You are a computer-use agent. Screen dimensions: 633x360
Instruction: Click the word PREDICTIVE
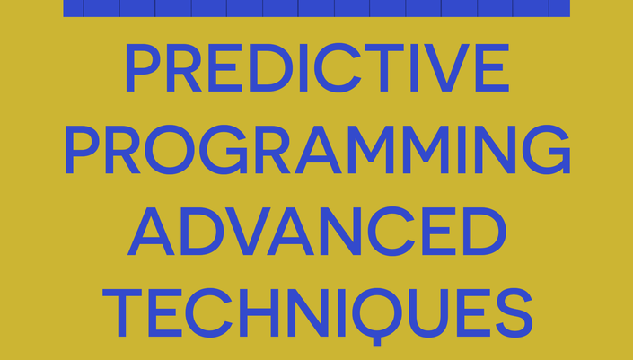[x=317, y=68]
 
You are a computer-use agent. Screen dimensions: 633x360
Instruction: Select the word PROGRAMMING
[x=317, y=149]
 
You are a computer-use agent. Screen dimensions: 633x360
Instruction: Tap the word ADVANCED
[x=317, y=231]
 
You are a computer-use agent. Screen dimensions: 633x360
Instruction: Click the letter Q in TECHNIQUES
[x=377, y=315]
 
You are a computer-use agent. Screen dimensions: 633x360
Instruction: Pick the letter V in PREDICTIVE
[x=446, y=68]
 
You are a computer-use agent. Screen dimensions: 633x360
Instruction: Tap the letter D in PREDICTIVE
[x=271, y=68]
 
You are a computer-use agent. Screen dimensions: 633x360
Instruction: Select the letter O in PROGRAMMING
[x=170, y=149]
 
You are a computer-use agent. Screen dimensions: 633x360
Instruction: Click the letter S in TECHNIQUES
[x=514, y=313]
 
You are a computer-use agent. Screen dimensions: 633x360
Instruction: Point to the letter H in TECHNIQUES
[x=259, y=312]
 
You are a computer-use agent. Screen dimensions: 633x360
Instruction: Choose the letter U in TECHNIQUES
[x=428, y=313]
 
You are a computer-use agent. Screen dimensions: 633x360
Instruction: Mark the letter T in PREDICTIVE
[x=384, y=68]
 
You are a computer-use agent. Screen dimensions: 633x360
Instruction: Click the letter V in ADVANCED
[x=248, y=232]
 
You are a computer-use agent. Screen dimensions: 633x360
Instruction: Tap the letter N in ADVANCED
[x=340, y=232]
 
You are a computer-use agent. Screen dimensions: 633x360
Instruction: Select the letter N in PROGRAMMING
[x=495, y=150]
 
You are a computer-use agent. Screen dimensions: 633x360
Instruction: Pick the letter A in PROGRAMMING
[x=318, y=150]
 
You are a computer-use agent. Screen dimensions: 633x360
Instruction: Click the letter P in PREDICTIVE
[x=144, y=68]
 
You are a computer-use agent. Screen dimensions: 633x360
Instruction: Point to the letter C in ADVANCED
[x=391, y=232]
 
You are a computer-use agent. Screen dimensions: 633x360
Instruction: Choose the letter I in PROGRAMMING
[x=462, y=150]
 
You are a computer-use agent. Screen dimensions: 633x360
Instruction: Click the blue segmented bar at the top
[x=316, y=8]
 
